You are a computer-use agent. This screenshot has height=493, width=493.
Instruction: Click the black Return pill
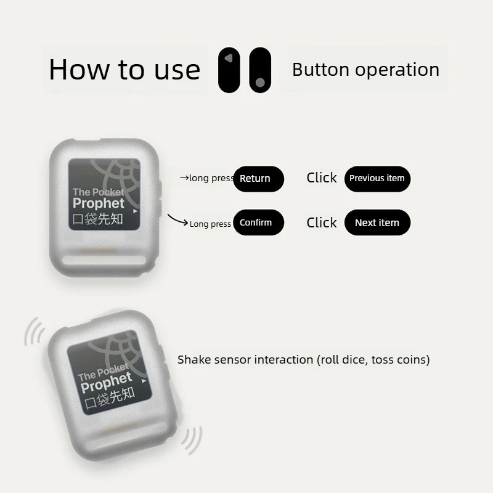click(x=258, y=179)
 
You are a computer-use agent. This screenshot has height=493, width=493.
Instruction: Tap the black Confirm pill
click(x=258, y=222)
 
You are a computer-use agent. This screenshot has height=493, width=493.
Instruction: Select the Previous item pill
click(x=377, y=179)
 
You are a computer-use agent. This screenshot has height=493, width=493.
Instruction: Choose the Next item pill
click(x=377, y=222)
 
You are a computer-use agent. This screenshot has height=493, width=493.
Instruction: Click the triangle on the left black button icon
click(x=229, y=58)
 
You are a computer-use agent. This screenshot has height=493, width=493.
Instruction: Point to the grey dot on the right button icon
click(x=260, y=83)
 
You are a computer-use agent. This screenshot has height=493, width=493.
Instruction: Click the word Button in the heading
click(x=320, y=70)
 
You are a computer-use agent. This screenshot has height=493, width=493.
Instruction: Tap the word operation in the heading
click(x=397, y=70)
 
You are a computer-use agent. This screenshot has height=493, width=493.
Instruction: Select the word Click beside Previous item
click(x=321, y=177)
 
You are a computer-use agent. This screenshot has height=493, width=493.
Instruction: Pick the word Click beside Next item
click(x=321, y=222)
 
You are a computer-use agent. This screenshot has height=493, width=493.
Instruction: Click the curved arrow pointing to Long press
click(x=177, y=220)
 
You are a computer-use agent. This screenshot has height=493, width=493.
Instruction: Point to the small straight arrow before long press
click(x=184, y=178)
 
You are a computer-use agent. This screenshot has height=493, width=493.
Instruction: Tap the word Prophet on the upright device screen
click(x=99, y=203)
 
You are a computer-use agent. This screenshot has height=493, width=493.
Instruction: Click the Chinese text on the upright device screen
click(x=97, y=219)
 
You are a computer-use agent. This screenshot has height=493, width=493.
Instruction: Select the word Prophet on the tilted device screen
click(x=106, y=382)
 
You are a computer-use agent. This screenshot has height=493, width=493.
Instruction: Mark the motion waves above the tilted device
click(x=35, y=332)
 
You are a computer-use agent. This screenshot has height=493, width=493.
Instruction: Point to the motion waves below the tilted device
click(x=192, y=440)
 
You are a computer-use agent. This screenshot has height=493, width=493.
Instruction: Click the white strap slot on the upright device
click(x=104, y=260)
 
